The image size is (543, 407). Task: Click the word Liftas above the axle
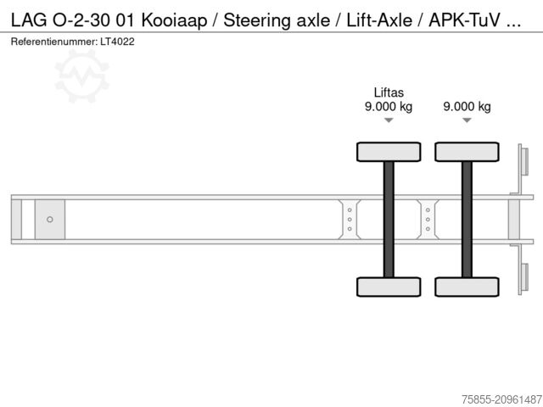click(388, 92)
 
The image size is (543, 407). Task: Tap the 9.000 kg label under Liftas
click(388, 107)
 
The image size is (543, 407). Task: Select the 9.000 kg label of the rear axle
click(467, 107)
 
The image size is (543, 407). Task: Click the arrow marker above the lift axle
click(388, 121)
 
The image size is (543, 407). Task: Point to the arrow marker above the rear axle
click(467, 121)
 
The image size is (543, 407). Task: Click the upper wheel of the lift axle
click(388, 152)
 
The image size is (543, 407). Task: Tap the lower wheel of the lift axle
click(388, 287)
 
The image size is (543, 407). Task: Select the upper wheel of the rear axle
click(467, 152)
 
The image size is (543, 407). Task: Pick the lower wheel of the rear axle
click(467, 287)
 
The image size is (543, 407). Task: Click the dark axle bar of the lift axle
click(388, 219)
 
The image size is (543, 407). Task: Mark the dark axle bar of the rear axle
click(467, 219)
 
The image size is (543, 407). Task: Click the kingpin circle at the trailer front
click(50, 220)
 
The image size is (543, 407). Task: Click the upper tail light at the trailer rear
click(523, 162)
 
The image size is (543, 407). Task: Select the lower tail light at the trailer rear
click(523, 277)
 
